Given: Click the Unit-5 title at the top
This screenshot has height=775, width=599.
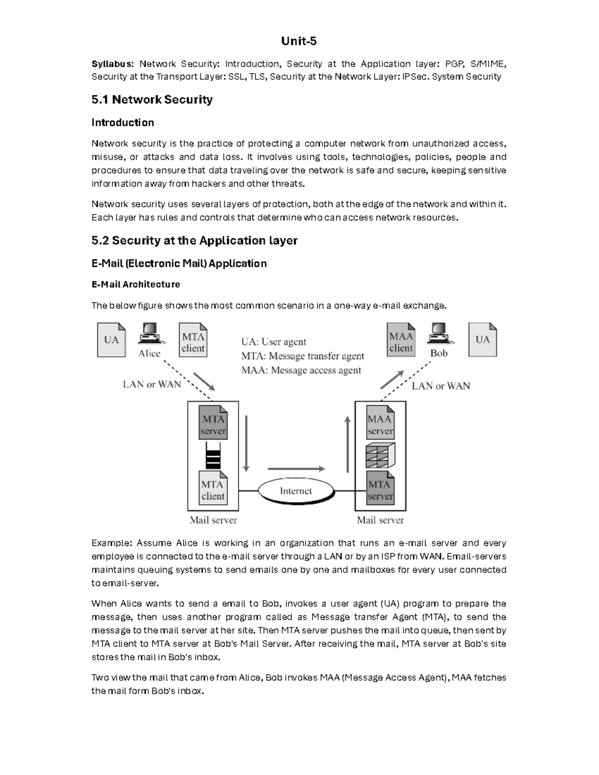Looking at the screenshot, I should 299,41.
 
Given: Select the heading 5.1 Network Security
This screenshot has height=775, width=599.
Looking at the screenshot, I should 152,99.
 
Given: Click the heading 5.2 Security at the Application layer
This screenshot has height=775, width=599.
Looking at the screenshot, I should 194,241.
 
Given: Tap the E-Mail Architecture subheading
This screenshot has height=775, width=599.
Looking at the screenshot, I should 136,284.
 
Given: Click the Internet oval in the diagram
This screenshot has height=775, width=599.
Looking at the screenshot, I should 296,491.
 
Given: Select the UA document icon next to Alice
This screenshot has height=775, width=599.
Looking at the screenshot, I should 111,340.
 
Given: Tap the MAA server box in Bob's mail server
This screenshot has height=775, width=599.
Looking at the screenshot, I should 380,424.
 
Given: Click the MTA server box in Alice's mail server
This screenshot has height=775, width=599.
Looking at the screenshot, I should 213,424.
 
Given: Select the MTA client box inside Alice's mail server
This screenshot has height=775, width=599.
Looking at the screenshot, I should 213,490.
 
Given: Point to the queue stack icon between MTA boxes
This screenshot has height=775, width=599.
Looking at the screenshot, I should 213,455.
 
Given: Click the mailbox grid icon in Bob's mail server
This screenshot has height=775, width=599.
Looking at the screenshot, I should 380,455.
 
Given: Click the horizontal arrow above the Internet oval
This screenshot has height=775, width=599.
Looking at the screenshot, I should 297,469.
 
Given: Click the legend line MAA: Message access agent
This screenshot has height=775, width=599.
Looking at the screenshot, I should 301,370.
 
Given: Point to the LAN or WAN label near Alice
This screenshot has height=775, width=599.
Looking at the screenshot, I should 152,384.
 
